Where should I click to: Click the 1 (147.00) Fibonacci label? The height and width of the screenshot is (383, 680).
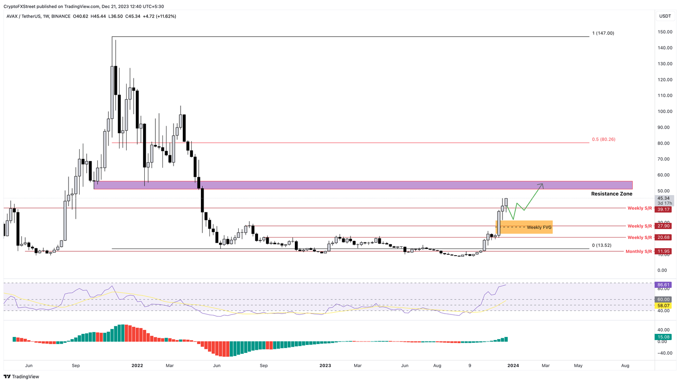coord(603,33)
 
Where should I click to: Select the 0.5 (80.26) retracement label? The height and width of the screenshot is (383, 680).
coord(603,139)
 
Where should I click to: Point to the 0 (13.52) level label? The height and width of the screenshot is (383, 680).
coord(602,245)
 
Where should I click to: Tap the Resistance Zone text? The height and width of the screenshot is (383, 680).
coord(611,194)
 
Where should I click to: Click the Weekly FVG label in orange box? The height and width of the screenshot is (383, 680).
coord(539,227)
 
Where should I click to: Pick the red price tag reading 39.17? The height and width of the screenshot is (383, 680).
coord(664,209)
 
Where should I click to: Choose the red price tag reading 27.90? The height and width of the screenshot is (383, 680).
coord(664,226)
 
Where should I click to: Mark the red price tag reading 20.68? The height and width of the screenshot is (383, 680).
coord(664,237)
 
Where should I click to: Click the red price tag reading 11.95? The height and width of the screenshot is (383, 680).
coord(664,252)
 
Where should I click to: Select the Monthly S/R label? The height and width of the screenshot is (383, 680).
coord(638,252)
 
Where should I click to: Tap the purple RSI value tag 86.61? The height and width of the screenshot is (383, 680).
coord(664,285)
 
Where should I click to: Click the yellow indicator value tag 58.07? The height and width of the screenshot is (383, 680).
coord(664,306)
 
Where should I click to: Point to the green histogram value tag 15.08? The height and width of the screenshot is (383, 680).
coord(664,337)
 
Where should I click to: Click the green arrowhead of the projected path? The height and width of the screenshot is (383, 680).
coord(541,185)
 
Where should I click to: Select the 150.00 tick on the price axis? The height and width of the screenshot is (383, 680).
coord(665,32)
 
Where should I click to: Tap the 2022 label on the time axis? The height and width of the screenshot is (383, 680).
coord(137,366)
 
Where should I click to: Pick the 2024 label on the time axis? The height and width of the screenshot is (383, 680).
coord(513,366)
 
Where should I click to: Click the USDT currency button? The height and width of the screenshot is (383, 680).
coord(665,16)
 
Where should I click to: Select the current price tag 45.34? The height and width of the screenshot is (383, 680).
coord(664,198)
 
